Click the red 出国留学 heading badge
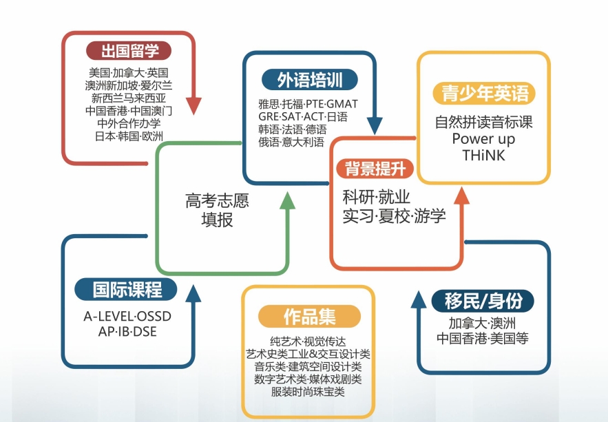point(129,51)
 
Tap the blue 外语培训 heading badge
point(309,80)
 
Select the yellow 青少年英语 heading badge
point(484,94)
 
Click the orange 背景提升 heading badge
point(375,169)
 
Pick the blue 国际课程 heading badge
point(126,290)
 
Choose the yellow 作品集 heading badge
point(309,316)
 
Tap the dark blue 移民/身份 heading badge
point(483,301)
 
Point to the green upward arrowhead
point(287,200)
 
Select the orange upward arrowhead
point(461,196)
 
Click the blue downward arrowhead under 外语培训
point(375,125)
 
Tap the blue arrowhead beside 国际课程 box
point(193,293)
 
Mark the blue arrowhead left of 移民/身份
point(419,299)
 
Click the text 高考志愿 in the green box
point(217,201)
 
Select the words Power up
point(483,139)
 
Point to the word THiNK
point(483,156)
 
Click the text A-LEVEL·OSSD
point(127,316)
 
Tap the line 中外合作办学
point(129,124)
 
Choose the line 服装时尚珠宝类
point(308,392)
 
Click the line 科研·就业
point(376,197)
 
